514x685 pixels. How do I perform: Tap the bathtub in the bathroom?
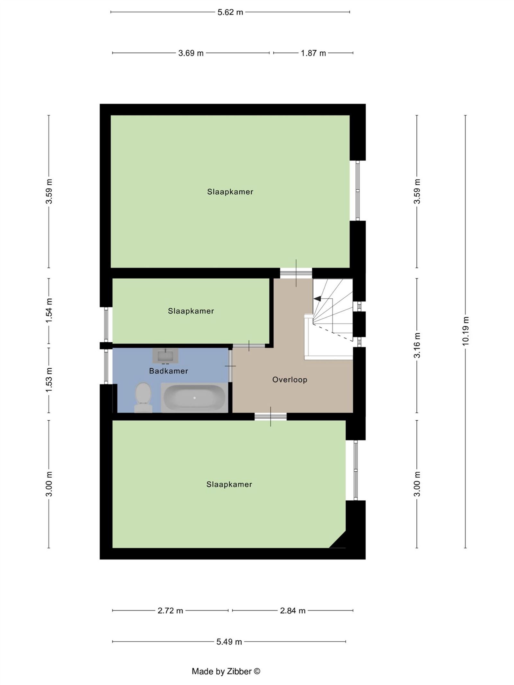[194, 398]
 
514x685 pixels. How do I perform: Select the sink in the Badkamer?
[165, 356]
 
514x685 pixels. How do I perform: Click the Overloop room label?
[290, 380]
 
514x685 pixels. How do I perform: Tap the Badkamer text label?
[169, 371]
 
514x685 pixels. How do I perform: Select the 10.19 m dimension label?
[465, 331]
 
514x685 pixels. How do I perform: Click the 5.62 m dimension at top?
[230, 12]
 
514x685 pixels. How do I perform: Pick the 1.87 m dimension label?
[313, 53]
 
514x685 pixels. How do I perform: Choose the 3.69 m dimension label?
[191, 53]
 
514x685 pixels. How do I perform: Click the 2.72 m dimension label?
[170, 610]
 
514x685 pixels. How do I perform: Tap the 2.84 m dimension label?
[293, 610]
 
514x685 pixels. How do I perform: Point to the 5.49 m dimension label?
[229, 642]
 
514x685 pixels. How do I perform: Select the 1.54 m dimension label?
[49, 311]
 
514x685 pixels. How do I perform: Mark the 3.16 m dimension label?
[417, 345]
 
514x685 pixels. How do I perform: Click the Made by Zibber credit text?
[226, 671]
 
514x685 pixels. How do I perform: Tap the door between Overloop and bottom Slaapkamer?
[270, 417]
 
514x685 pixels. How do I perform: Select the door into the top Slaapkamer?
[296, 273]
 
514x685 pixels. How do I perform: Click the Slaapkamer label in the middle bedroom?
[191, 311]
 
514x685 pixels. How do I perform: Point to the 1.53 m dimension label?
[49, 380]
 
